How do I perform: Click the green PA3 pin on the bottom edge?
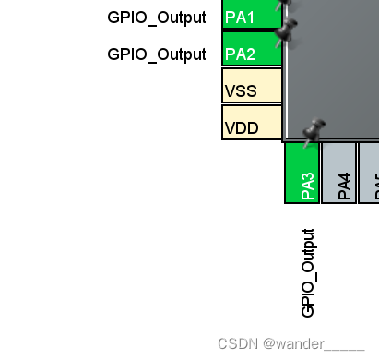tap(302, 173)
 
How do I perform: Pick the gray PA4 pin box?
tap(338, 173)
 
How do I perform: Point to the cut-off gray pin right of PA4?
tap(369, 173)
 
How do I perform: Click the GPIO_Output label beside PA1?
tap(156, 17)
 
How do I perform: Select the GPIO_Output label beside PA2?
tap(156, 54)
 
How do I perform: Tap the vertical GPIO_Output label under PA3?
tap(308, 272)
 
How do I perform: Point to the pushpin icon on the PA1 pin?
tap(285, 5)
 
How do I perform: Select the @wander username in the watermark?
tap(293, 343)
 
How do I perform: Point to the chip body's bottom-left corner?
tap(286, 139)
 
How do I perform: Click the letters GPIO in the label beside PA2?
tap(124, 54)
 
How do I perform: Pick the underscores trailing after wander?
tap(345, 347)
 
